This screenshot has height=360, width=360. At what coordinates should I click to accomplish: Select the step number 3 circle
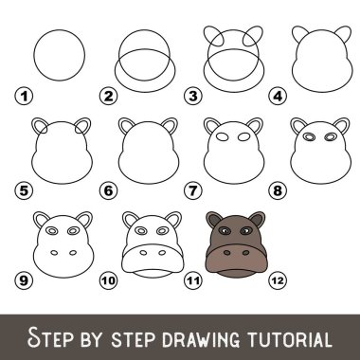click(194, 96)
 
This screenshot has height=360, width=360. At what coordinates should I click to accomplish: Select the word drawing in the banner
click(197, 337)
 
